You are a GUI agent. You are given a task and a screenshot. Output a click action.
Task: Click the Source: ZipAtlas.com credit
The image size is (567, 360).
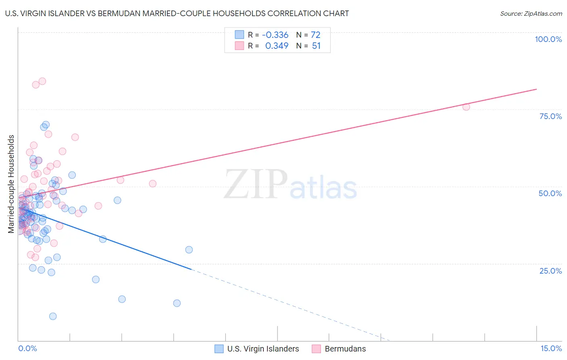pyautogui.click(x=531, y=14)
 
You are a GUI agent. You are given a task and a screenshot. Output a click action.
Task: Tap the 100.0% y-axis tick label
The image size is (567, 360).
pyautogui.click(x=548, y=39)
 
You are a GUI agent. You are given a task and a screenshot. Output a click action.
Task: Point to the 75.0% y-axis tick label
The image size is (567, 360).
pyautogui.click(x=550, y=116)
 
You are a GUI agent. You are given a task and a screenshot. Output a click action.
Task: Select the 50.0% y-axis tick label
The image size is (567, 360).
pyautogui.click(x=550, y=193)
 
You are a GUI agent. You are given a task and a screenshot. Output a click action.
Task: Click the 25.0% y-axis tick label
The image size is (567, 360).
pyautogui.click(x=550, y=271)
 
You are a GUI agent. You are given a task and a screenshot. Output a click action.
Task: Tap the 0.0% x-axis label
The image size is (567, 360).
pyautogui.click(x=27, y=348)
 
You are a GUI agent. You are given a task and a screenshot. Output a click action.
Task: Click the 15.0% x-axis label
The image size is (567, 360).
pyautogui.click(x=551, y=348)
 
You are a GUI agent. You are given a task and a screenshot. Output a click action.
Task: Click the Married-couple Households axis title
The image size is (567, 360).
pyautogui.click(x=11, y=184)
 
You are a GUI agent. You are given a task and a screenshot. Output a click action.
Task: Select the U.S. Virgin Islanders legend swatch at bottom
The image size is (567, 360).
pyautogui.click(x=219, y=349)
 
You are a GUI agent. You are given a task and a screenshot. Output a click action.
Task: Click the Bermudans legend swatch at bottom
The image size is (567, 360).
pyautogui.click(x=316, y=349)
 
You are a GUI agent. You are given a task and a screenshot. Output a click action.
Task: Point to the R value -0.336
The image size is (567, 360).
pyautogui.click(x=275, y=35)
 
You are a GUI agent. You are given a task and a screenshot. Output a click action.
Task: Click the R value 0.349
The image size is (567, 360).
pyautogui.click(x=277, y=46)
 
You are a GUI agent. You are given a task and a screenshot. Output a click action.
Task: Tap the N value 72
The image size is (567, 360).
pyautogui.click(x=315, y=35)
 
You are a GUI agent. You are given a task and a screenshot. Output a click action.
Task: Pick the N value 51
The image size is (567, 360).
pyautogui.click(x=316, y=46)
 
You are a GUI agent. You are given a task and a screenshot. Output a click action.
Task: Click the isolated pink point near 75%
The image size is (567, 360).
pyautogui.click(x=466, y=107)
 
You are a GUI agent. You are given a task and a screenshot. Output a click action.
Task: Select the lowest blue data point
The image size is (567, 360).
pyautogui.click(x=53, y=316)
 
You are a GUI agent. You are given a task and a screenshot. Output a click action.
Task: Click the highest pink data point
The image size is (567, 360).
pyautogui.click(x=42, y=81)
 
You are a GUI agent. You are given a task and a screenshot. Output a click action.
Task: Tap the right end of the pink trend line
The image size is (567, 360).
pyautogui.click(x=536, y=89)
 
